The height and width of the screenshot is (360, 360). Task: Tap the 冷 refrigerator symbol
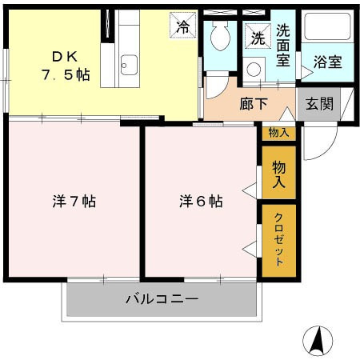[183, 26]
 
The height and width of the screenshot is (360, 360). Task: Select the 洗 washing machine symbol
[257, 37]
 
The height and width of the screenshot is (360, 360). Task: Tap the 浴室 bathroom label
[326, 62]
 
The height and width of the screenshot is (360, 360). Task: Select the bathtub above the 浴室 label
[326, 29]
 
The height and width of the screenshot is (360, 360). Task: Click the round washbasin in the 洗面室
[254, 69]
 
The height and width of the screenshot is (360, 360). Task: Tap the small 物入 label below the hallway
[278, 133]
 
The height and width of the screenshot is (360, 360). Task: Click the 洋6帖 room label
[201, 201]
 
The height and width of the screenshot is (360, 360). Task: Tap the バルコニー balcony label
[161, 299]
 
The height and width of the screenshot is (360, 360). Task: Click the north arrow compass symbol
[318, 341]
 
